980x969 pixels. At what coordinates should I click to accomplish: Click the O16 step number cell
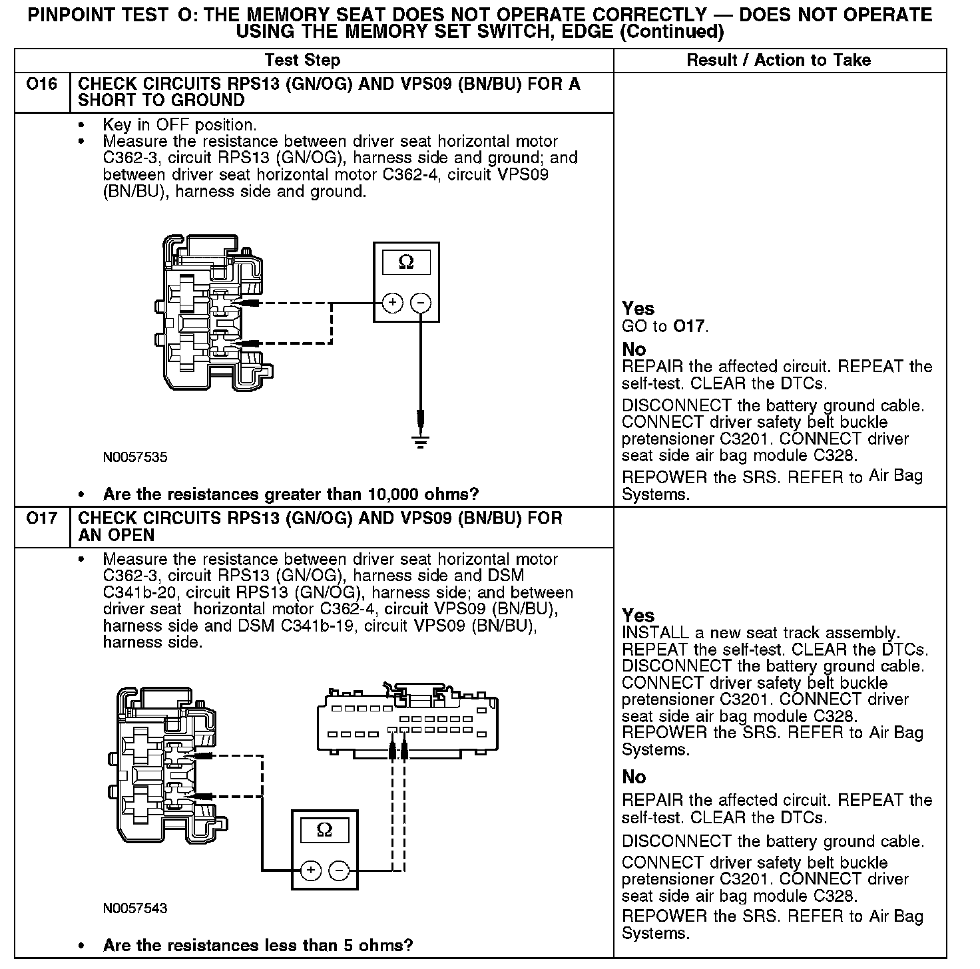coord(41,85)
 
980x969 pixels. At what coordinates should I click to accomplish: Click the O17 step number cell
coord(41,518)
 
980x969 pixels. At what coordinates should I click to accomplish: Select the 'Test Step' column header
coord(302,61)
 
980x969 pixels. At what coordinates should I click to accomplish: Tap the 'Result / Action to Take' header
coord(778,61)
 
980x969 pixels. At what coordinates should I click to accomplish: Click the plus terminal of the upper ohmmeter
coord(393,303)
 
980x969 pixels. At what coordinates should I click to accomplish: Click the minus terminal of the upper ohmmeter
coord(420,303)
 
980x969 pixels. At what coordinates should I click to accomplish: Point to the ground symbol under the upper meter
coord(420,441)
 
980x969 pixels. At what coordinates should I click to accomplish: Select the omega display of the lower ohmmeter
coord(324,830)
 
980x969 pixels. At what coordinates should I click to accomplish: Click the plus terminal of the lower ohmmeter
coord(311,870)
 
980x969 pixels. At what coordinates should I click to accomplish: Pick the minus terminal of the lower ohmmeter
coord(339,870)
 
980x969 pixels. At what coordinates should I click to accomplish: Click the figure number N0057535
coord(135,458)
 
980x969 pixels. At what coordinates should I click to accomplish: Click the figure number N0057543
coord(135,908)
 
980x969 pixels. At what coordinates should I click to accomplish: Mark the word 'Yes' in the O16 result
coord(638,309)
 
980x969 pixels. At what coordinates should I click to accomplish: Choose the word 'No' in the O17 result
coord(634,777)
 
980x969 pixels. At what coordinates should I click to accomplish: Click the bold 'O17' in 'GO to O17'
coord(688,327)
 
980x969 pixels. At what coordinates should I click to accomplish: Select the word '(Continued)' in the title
coord(671,31)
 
